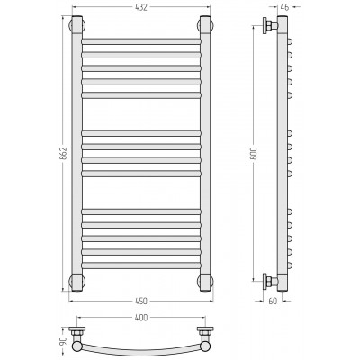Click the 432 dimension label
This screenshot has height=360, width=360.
[141, 8]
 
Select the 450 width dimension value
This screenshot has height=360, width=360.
[141, 301]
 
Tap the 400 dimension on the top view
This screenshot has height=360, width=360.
[141, 318]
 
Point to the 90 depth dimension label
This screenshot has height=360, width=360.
[64, 341]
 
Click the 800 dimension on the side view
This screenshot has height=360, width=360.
[254, 153]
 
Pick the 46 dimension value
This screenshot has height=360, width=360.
[284, 7]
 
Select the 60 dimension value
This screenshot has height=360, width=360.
[273, 301]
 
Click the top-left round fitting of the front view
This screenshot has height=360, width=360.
[77, 25]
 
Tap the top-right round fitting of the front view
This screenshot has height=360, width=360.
[205, 25]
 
